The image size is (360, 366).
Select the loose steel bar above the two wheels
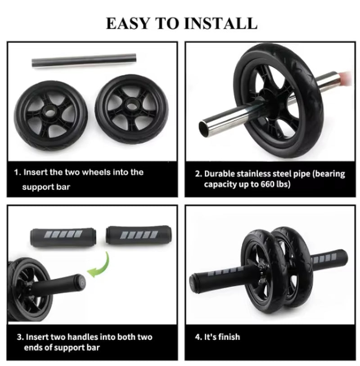point(84,60)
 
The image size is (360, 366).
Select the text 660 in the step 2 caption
point(268,185)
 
